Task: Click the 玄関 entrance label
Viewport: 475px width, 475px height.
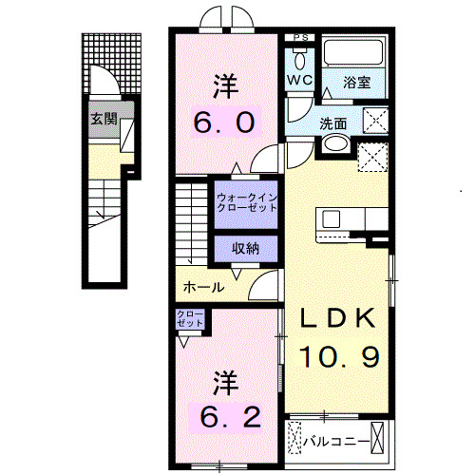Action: coord(104,120)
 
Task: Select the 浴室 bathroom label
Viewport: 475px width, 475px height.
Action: coord(357,83)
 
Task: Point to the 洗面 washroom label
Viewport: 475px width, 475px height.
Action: coord(332,123)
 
